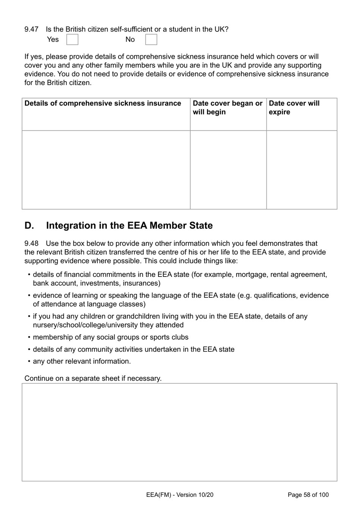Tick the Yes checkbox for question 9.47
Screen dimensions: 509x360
pyautogui.click(x=72, y=39)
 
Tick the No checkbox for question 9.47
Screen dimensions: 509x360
pyautogui.click(x=151, y=39)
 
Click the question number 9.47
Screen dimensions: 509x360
pyautogui.click(x=31, y=29)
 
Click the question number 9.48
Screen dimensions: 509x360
pyautogui.click(x=31, y=244)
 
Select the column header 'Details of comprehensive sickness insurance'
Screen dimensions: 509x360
pyautogui.click(x=103, y=104)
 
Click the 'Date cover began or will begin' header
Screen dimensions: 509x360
pyautogui.click(x=227, y=108)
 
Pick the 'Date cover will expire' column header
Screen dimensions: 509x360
pyautogui.click(x=294, y=108)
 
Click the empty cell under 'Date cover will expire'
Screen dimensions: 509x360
pyautogui.click(x=302, y=170)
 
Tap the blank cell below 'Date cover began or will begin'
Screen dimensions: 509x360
pyautogui.click(x=228, y=170)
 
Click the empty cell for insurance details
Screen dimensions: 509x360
pyautogui.click(x=106, y=170)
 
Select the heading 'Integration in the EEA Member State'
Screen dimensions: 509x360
pyautogui.click(x=129, y=226)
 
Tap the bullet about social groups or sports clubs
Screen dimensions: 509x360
pyautogui.click(x=110, y=337)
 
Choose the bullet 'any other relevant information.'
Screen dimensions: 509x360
pyautogui.click(x=81, y=361)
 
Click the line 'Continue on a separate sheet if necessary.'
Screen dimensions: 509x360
pyautogui.click(x=93, y=379)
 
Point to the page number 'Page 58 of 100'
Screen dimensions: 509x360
pyautogui.click(x=308, y=495)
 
